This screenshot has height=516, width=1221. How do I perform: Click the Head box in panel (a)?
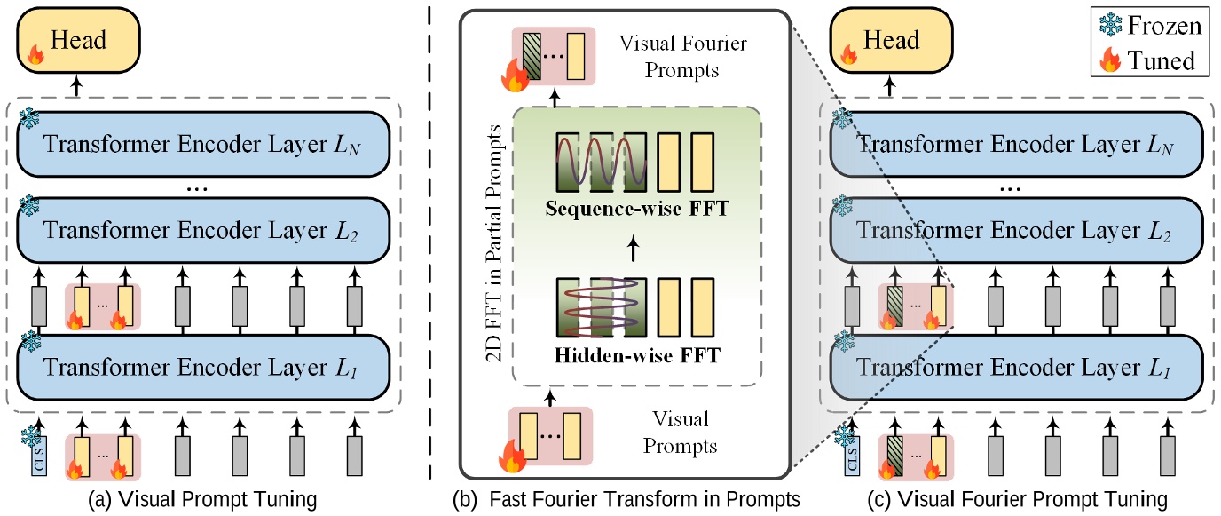point(78,40)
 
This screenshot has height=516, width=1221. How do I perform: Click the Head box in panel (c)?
point(891,40)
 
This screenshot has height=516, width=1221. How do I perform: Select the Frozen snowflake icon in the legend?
point(1110,25)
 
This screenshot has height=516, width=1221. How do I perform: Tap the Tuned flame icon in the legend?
point(1110,60)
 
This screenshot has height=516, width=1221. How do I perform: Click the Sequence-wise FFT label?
point(636,209)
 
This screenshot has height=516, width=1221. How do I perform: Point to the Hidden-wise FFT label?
point(636,355)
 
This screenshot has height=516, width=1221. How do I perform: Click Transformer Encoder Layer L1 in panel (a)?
point(203,367)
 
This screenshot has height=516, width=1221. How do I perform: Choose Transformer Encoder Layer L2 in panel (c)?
point(1017,230)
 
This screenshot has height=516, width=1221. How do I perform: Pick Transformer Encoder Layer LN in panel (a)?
point(203,144)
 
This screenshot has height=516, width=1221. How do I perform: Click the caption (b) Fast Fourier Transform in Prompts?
point(626,499)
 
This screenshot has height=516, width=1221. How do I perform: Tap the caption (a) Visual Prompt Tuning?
point(203,499)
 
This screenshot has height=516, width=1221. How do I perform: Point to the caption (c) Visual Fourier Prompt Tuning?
point(1018,499)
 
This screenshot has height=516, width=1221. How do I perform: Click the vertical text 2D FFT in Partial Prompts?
point(493,244)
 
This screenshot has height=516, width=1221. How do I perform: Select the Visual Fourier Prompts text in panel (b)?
point(682,57)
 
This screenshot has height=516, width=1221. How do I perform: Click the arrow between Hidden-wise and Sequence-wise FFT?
point(633,249)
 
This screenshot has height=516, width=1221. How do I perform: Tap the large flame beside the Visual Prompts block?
point(511,456)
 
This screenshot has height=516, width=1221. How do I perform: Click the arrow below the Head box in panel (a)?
point(77,86)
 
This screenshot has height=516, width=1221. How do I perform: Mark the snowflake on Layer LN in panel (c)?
point(842,118)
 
